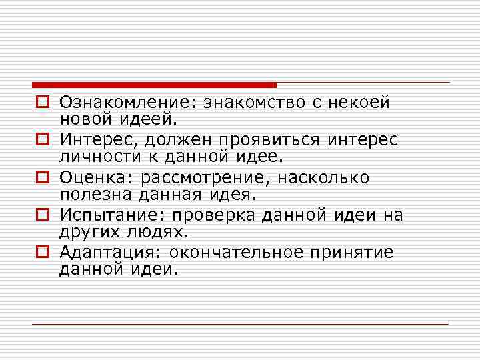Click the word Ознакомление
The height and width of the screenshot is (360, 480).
tap(127, 103)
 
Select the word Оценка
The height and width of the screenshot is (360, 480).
tap(95, 178)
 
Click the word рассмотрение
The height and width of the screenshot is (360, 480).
tap(205, 178)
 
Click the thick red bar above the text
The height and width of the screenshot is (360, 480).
tap(154, 85)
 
